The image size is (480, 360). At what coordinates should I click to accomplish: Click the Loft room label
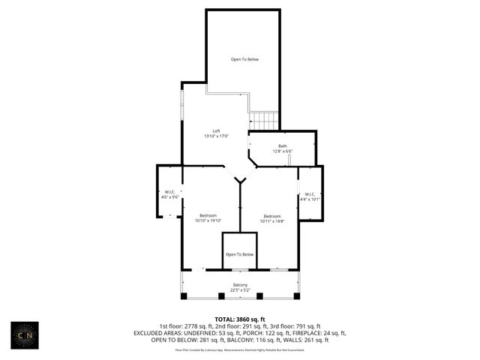click(216, 130)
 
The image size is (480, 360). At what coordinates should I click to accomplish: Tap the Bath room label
click(283, 146)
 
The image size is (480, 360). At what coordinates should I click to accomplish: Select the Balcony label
click(240, 285)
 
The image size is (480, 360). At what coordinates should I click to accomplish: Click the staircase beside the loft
click(263, 120)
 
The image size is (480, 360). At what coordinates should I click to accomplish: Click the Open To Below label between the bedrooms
click(240, 254)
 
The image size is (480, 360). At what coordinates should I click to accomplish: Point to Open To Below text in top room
click(244, 59)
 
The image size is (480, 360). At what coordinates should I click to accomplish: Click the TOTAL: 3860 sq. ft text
click(240, 319)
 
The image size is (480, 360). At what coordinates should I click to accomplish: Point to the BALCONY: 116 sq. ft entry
click(251, 339)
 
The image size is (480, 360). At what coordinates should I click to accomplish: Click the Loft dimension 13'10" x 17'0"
click(216, 136)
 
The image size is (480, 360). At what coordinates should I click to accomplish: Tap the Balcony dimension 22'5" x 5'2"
click(240, 290)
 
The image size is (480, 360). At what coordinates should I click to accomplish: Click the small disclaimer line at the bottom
click(240, 349)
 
